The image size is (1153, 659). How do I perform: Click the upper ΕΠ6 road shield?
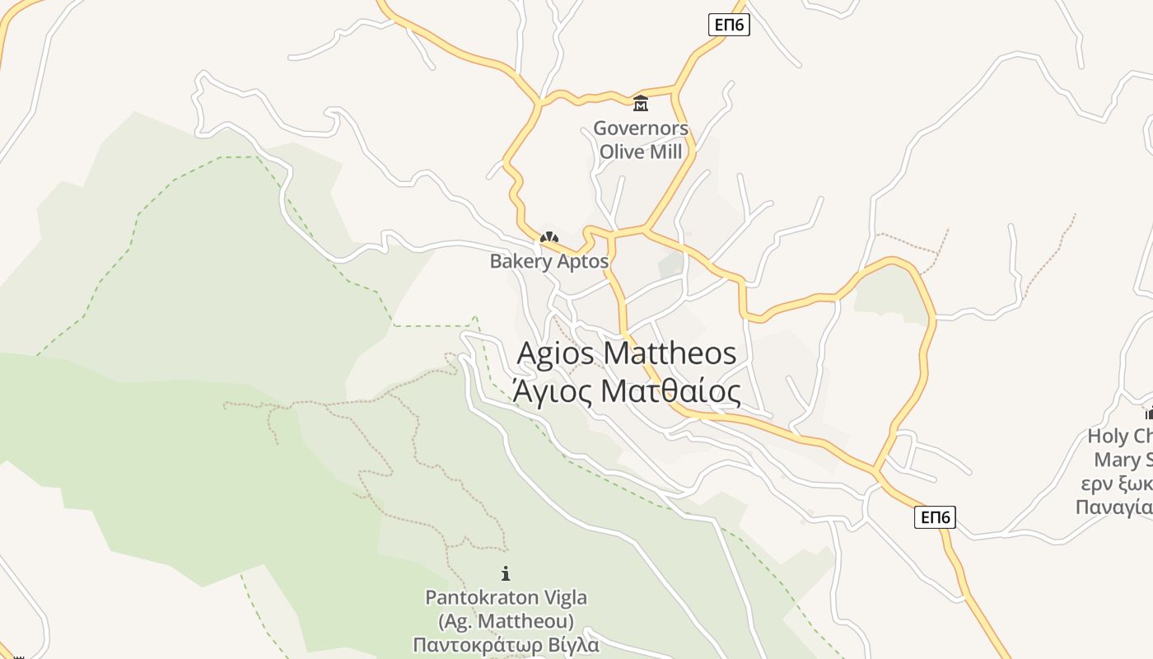(729, 26)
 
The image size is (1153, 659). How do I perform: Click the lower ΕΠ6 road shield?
(935, 517)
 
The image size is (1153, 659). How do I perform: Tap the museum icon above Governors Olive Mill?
(640, 103)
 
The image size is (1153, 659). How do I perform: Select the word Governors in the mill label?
(641, 129)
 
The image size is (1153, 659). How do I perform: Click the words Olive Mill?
(641, 152)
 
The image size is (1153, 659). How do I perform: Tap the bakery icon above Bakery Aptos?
(548, 238)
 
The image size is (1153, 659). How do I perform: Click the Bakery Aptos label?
(548, 261)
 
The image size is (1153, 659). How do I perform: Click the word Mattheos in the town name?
(670, 353)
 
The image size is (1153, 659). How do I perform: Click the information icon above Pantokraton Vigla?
(506, 573)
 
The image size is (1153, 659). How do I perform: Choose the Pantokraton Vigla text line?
(506, 597)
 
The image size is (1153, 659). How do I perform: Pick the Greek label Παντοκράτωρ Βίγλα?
(506, 643)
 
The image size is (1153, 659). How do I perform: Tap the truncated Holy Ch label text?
(1120, 436)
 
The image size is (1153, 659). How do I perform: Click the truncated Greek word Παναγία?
(1114, 507)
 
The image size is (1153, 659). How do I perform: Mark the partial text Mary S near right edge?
(1122, 459)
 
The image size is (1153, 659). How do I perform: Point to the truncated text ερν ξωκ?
(1116, 483)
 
